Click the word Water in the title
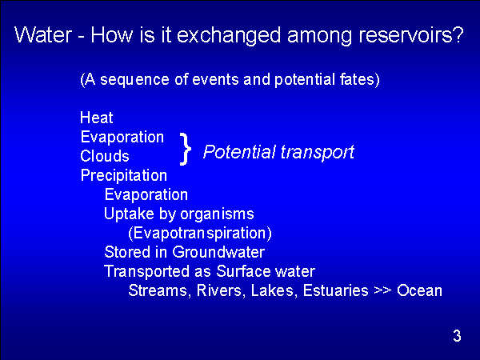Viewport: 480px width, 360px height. tap(43, 34)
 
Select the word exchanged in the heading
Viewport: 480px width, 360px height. tap(229, 35)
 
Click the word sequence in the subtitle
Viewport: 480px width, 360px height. tap(134, 80)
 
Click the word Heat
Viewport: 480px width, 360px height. tap(97, 118)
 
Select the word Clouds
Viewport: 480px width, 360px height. tap(105, 156)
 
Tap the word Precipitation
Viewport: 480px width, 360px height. tap(124, 176)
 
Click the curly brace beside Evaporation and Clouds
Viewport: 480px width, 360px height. tap(186, 149)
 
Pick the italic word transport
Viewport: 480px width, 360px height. tap(317, 152)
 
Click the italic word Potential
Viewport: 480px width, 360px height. tap(239, 151)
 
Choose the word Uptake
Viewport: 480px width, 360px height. tap(129, 214)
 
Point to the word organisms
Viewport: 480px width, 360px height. tap(217, 214)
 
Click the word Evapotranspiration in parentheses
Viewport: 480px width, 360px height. tap(200, 234)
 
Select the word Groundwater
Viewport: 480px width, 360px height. tap(218, 252)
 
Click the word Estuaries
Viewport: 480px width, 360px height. tap(335, 290)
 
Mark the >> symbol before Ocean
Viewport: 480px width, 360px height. tap(382, 290)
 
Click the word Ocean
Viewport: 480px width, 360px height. tap(419, 290)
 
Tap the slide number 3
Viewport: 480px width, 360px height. tap(457, 336)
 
